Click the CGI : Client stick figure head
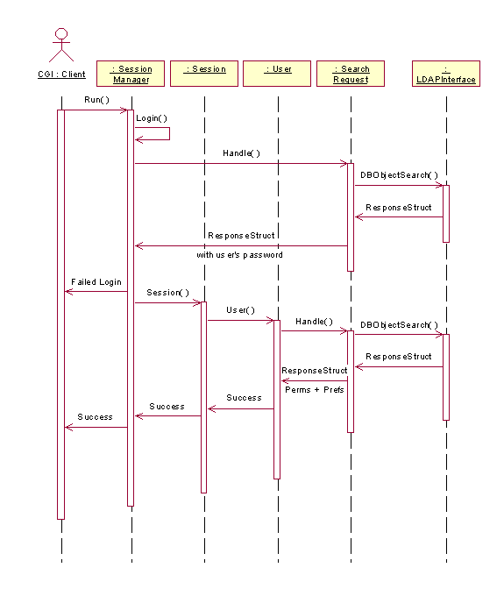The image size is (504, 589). coord(61,34)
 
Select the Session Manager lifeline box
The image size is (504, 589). coord(131,74)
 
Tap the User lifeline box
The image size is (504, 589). coord(277,74)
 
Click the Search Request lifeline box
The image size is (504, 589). coord(351,74)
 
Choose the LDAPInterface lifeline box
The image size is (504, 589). coord(446,74)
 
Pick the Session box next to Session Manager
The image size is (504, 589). coord(204,74)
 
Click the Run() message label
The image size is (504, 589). coord(97,100)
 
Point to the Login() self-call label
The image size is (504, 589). coord(152,118)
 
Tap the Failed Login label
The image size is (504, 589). coord(96,282)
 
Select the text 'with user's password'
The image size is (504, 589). coord(239,255)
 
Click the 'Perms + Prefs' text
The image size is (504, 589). coord(315,390)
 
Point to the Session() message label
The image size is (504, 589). coord(168,293)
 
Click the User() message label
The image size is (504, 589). coord(240,310)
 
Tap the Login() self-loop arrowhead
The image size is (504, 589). coord(138,139)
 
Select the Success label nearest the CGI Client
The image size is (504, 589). coord(95,417)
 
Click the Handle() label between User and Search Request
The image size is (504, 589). coord(315,322)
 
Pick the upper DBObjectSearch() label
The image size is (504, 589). coord(399,175)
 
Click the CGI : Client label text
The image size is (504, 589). coord(61,75)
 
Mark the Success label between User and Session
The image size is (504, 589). coord(245,398)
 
